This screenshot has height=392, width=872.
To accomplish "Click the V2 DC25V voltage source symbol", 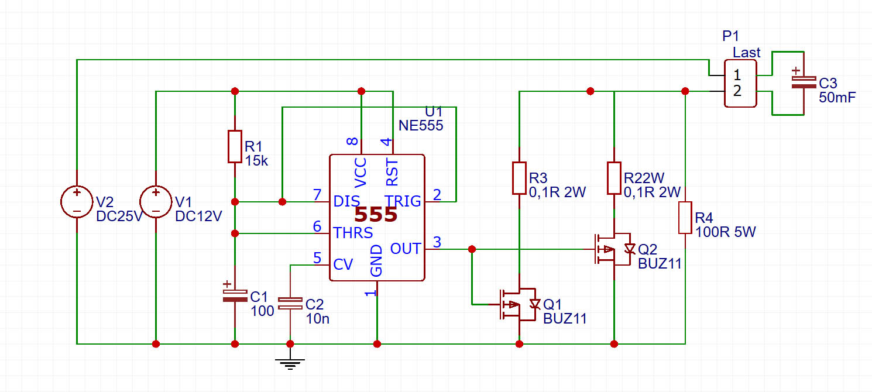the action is click(x=77, y=202).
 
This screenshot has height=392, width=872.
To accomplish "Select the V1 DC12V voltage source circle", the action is click(x=156, y=202).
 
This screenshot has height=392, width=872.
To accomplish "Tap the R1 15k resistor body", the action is click(x=235, y=146).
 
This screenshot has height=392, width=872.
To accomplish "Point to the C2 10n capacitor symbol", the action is click(x=290, y=303).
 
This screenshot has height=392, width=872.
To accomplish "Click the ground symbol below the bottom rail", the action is click(x=290, y=364).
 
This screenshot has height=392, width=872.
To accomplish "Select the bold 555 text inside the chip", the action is click(x=376, y=215).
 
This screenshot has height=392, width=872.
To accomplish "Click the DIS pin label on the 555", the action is click(x=346, y=201).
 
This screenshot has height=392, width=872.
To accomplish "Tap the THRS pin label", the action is click(x=353, y=233).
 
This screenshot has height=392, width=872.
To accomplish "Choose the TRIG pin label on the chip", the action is click(x=403, y=201).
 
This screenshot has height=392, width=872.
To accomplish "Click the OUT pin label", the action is click(x=406, y=249).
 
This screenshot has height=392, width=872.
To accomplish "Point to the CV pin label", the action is click(x=343, y=264).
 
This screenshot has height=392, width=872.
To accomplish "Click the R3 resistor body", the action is click(x=519, y=178).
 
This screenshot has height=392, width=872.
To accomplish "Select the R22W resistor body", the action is click(x=614, y=178).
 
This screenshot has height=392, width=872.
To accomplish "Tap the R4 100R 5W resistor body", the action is click(x=685, y=218).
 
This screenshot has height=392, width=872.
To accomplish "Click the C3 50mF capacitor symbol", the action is click(x=804, y=82).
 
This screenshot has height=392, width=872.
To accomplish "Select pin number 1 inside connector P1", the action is click(x=737, y=75).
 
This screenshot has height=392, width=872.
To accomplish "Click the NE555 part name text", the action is click(x=421, y=125).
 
